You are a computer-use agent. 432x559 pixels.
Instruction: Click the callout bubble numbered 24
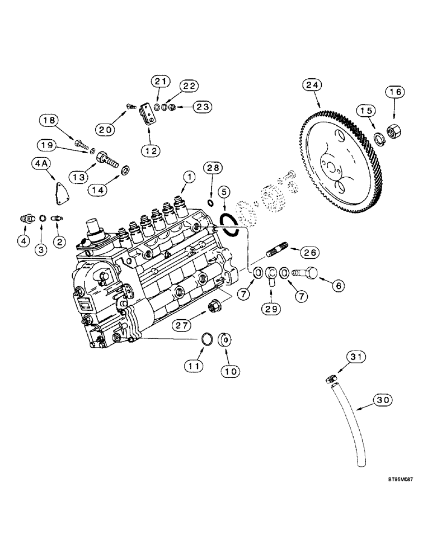tap(312, 85)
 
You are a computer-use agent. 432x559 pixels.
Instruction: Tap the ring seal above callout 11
tap(206, 339)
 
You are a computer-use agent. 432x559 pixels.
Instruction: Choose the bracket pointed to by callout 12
tap(147, 119)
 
